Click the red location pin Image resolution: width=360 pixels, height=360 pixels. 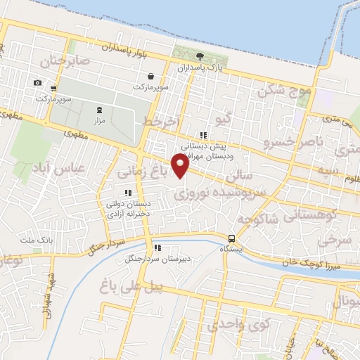[180, 166]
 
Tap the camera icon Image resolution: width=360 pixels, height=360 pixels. [37, 83]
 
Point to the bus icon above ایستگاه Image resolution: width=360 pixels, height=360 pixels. [232, 238]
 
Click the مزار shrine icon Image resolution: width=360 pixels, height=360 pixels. [98, 109]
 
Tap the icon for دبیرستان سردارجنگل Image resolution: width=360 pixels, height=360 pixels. [156, 247]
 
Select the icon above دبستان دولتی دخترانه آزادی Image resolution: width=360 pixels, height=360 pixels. [127, 192]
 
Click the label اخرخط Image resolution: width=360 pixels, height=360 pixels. [158, 122]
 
